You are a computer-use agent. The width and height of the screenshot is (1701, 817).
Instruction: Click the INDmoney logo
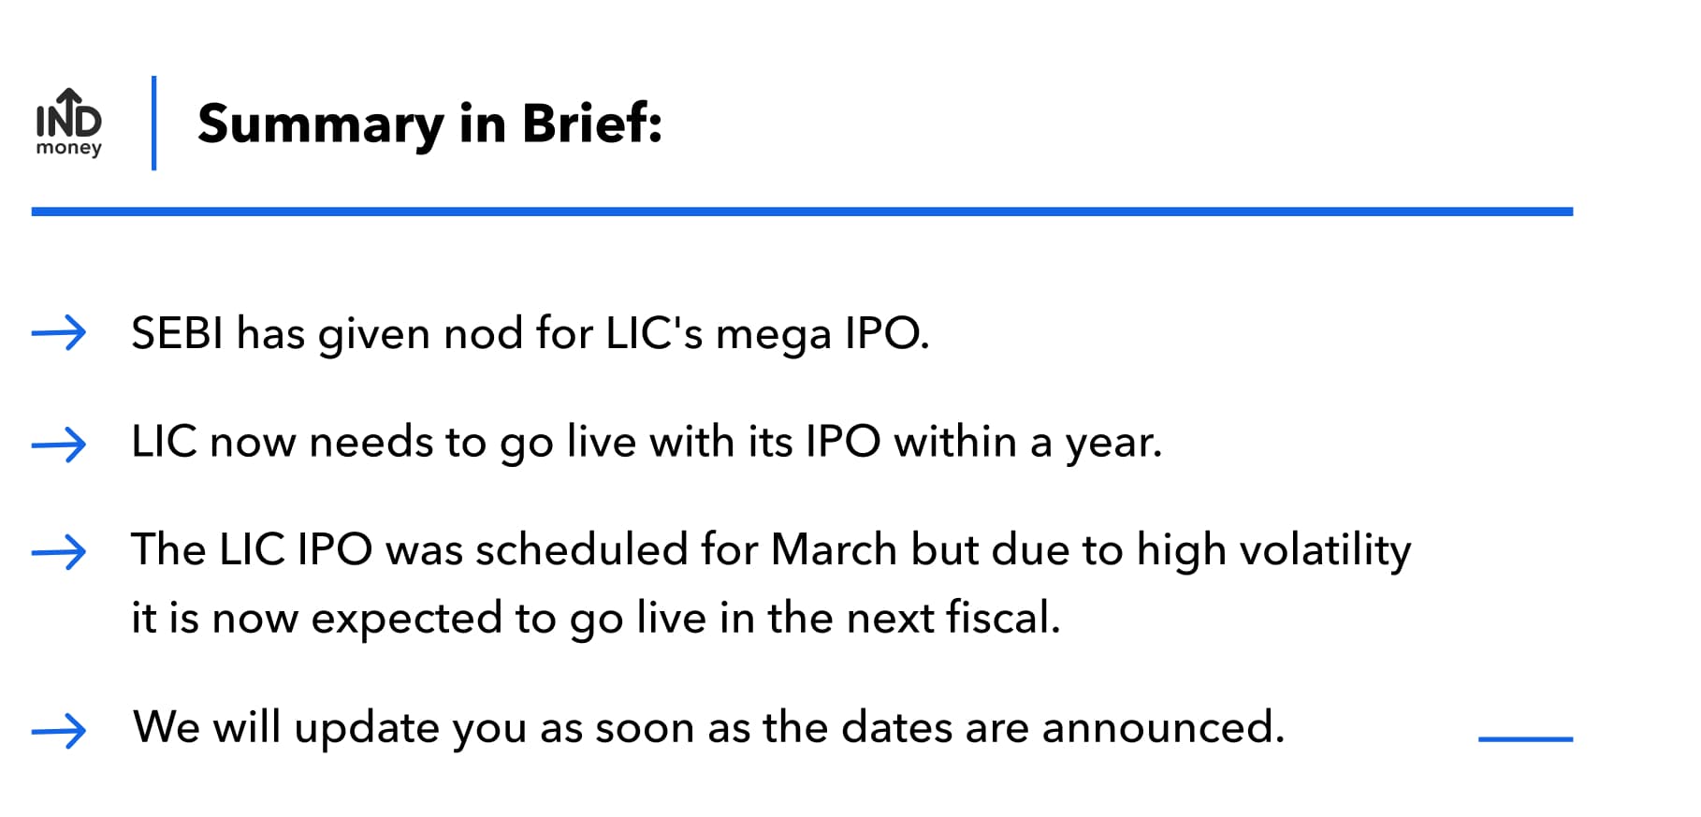68,123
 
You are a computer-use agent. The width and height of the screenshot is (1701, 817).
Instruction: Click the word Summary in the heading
321,124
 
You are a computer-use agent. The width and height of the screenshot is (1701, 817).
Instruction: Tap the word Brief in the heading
591,123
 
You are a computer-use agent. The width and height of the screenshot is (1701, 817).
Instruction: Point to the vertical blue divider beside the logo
153,123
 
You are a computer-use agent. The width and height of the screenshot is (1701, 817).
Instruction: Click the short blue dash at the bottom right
1525,739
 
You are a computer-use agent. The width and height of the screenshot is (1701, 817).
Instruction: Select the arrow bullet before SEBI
59,333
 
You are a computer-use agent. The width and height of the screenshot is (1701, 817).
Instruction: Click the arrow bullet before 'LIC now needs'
59,444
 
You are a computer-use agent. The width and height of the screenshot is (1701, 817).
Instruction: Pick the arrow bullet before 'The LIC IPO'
59,552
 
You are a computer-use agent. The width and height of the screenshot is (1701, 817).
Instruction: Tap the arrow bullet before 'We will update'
59,730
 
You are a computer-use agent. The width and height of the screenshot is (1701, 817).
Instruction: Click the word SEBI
177,333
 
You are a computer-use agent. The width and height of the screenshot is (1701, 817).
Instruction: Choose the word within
954,441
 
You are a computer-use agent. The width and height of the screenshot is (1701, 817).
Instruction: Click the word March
834,549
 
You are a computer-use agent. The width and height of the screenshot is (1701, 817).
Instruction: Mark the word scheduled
581,549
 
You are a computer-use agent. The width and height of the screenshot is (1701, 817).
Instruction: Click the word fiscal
1002,618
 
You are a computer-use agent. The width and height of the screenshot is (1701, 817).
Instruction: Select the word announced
1163,728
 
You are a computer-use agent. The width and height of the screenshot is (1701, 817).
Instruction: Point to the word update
366,729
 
